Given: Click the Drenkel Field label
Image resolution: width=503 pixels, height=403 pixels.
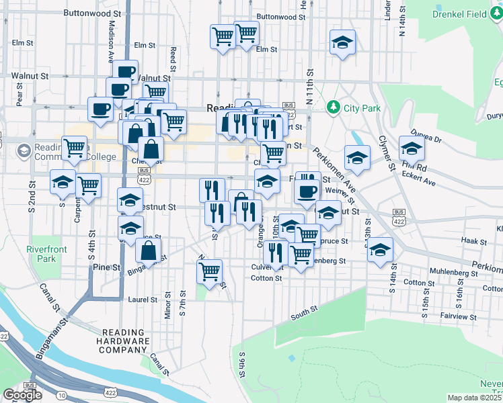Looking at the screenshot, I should pyautogui.click(x=460, y=13).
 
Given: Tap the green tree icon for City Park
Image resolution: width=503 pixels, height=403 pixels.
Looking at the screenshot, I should pyautogui.click(x=332, y=107).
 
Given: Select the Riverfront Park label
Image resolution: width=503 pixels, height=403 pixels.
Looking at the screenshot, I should pyautogui.click(x=41, y=253).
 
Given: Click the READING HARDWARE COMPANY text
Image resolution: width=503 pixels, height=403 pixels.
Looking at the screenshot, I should pyautogui.click(x=125, y=341).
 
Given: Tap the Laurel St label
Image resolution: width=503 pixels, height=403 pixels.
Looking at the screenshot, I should pyautogui.click(x=142, y=300).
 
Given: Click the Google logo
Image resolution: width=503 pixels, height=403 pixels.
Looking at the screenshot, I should pyautogui.click(x=22, y=395).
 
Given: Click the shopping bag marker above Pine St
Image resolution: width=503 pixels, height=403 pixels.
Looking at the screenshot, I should pyautogui.click(x=149, y=251).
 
